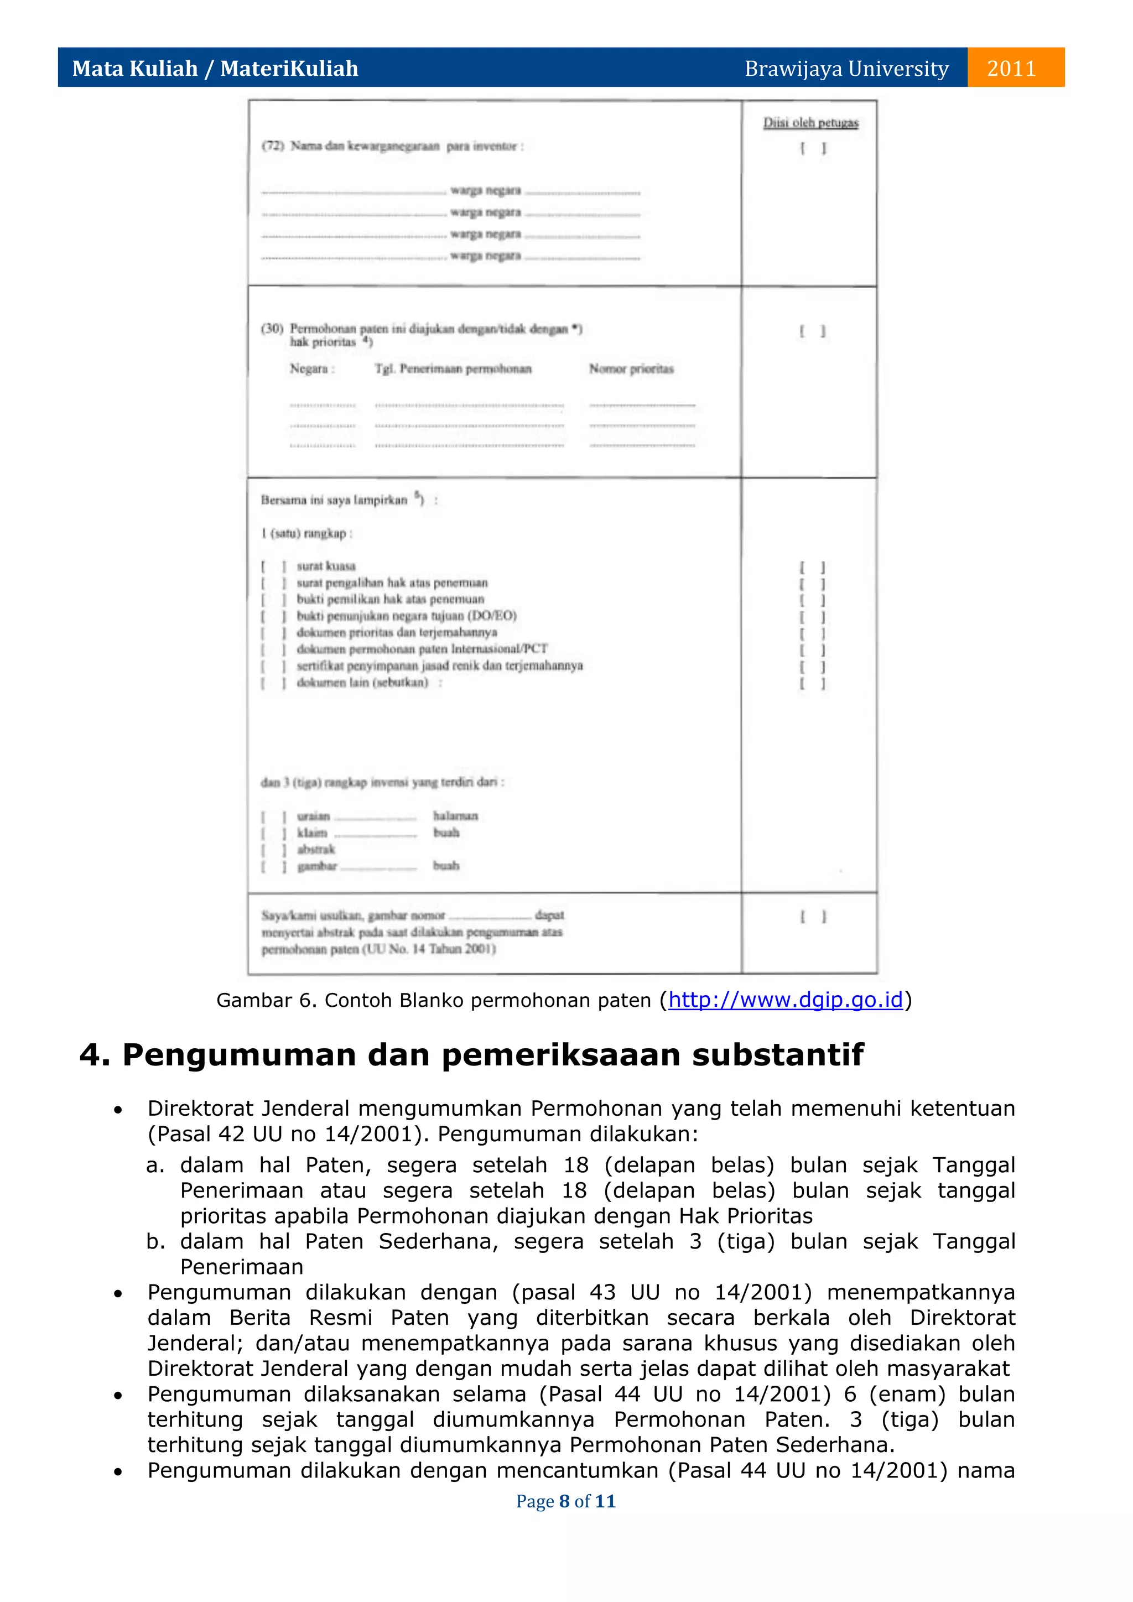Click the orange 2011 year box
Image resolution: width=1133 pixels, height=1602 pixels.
[1015, 67]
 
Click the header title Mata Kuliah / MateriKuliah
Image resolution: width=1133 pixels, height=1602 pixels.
[215, 69]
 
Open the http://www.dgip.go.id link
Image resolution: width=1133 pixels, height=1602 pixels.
[786, 1000]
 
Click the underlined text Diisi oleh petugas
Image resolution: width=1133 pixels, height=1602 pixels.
[810, 123]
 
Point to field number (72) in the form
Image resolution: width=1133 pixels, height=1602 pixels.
[272, 146]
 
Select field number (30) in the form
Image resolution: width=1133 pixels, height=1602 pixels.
[272, 328]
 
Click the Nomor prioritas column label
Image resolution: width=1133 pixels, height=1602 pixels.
[631, 368]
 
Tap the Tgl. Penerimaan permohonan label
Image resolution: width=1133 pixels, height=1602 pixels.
[453, 368]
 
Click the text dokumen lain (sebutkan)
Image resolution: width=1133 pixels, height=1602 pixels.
[362, 683]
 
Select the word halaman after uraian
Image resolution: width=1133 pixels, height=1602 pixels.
[455, 815]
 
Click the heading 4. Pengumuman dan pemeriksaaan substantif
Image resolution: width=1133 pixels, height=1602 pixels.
[471, 1054]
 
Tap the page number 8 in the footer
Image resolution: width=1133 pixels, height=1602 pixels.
[564, 1501]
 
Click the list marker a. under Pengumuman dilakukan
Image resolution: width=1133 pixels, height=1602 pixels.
[155, 1164]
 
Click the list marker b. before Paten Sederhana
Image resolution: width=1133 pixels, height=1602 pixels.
[155, 1241]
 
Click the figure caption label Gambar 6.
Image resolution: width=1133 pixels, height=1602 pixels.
[265, 1000]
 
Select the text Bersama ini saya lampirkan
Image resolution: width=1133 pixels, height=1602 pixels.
[334, 500]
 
